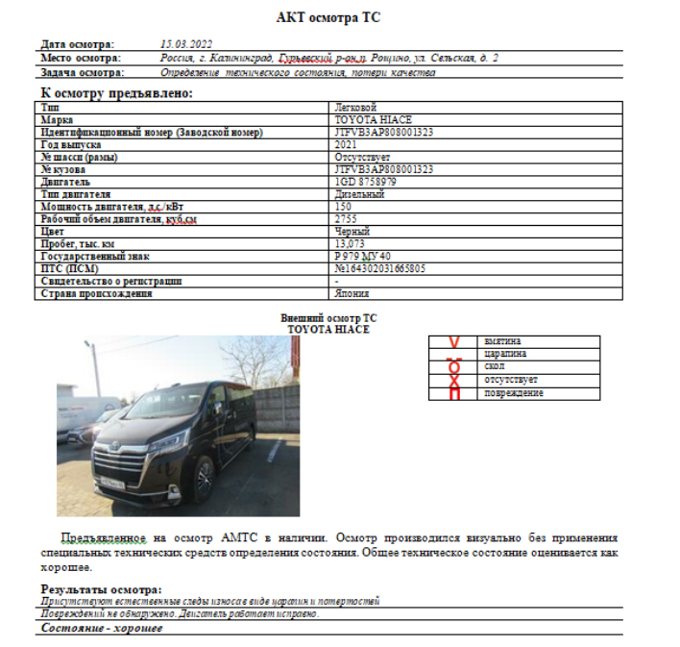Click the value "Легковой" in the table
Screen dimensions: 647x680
click(355, 107)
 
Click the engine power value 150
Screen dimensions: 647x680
click(343, 207)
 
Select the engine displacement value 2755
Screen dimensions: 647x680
click(346, 219)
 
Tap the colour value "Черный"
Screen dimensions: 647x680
click(352, 232)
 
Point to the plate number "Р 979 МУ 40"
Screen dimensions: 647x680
click(362, 257)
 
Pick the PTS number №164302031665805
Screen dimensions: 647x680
click(379, 269)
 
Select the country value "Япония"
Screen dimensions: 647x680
click(352, 294)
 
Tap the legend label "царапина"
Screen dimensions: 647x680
click(506, 354)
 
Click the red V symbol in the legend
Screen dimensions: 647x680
click(455, 341)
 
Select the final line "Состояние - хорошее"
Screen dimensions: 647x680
click(102, 629)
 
